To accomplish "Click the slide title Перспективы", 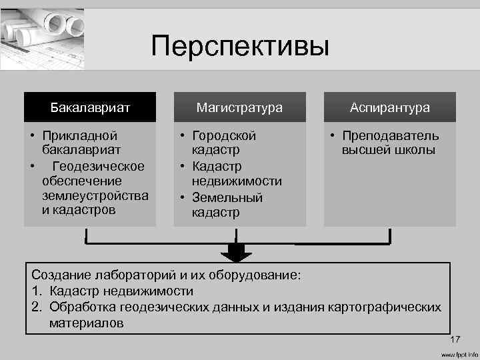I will click(240, 47).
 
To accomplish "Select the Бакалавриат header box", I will click(90, 107).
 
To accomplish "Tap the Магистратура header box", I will click(239, 107).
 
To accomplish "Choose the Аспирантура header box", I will click(390, 107).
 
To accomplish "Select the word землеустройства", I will click(95, 195).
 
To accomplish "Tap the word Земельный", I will click(227, 197).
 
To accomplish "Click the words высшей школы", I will click(389, 151).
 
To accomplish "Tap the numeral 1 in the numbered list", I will click(35, 291).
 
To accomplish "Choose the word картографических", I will click(383, 307).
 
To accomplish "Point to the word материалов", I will click(86, 323).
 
